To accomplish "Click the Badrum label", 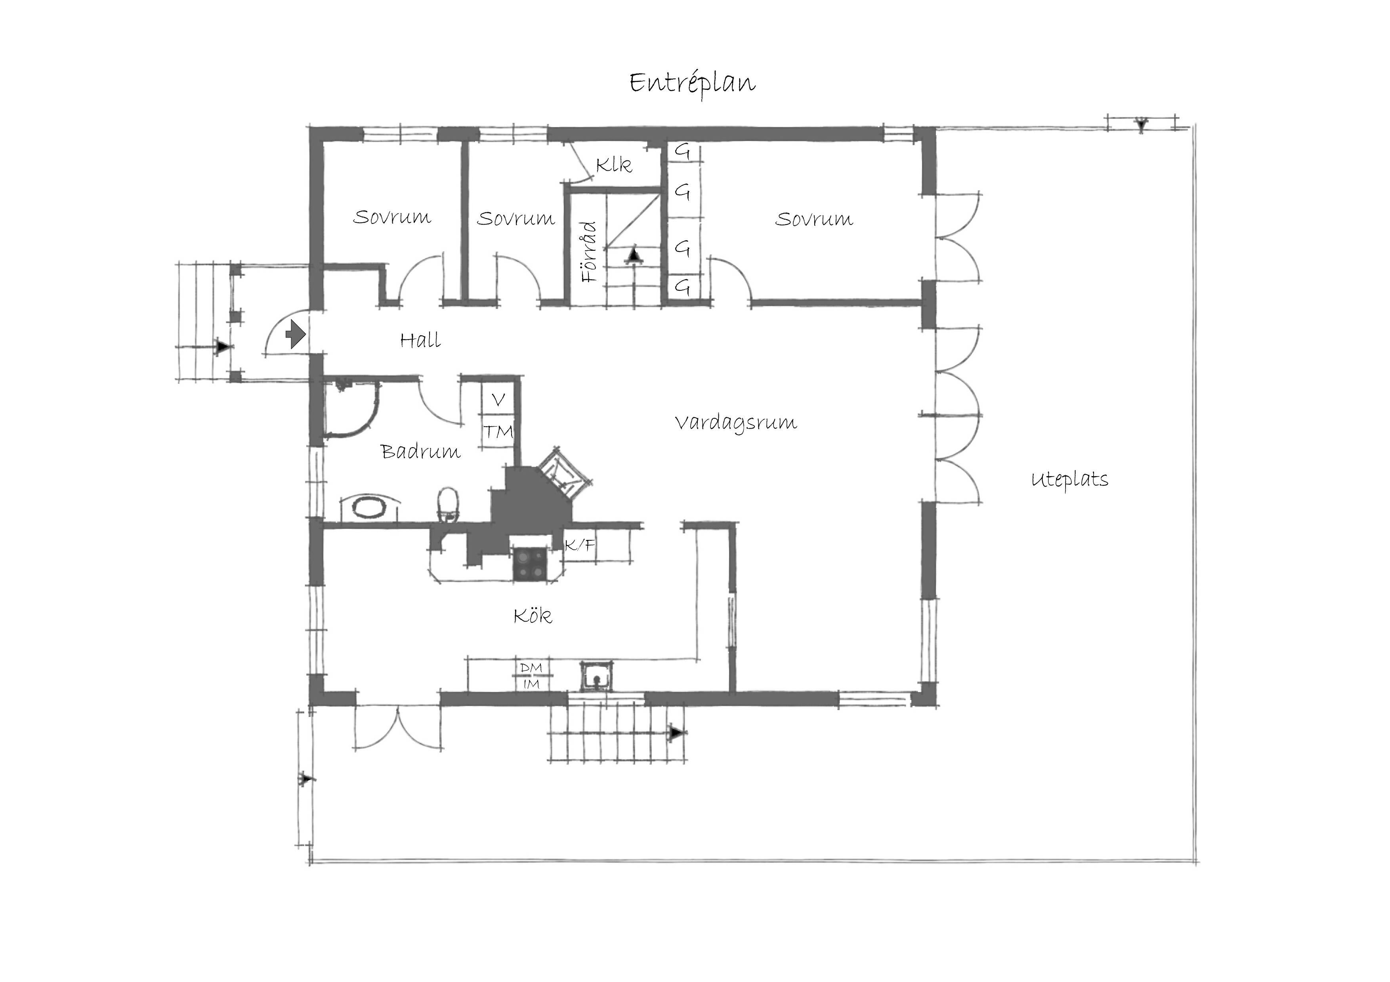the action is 421,451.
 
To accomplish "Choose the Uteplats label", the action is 1070,480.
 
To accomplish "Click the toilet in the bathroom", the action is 448,505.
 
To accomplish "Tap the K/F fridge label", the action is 580,545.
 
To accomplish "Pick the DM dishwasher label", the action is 531,668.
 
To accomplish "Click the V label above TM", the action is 498,400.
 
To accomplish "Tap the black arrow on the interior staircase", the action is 634,255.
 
